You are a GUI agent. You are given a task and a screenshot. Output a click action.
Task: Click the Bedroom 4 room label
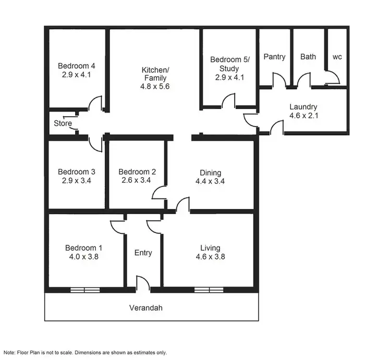click(x=76, y=66)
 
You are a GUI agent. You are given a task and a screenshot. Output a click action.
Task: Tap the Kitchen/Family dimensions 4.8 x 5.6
click(x=155, y=87)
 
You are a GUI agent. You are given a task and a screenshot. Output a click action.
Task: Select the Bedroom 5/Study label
click(x=229, y=60)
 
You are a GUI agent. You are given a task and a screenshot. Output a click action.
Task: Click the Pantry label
click(x=274, y=56)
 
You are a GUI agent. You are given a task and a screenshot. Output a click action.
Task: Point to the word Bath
click(x=308, y=56)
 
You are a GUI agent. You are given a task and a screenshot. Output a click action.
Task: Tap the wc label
click(x=337, y=56)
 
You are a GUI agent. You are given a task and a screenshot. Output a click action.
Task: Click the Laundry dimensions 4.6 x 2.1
click(x=303, y=116)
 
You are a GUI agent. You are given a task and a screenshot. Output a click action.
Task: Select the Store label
click(x=63, y=123)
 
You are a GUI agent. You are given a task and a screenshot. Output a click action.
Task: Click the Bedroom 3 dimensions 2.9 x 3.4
click(x=76, y=181)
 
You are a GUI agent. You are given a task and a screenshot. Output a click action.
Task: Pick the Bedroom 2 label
click(x=137, y=172)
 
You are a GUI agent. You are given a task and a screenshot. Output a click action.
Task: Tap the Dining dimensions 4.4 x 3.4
click(x=211, y=181)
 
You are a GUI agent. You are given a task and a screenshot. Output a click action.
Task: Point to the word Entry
click(x=143, y=253)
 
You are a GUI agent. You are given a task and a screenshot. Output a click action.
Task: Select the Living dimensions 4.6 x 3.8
click(x=210, y=257)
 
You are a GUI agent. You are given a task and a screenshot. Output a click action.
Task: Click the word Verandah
click(x=146, y=307)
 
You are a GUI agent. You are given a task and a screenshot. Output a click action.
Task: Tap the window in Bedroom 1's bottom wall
click(x=85, y=290)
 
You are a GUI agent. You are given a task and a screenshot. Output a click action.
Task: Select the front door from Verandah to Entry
click(x=142, y=284)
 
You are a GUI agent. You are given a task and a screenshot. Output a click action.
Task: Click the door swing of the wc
click(x=332, y=78)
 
